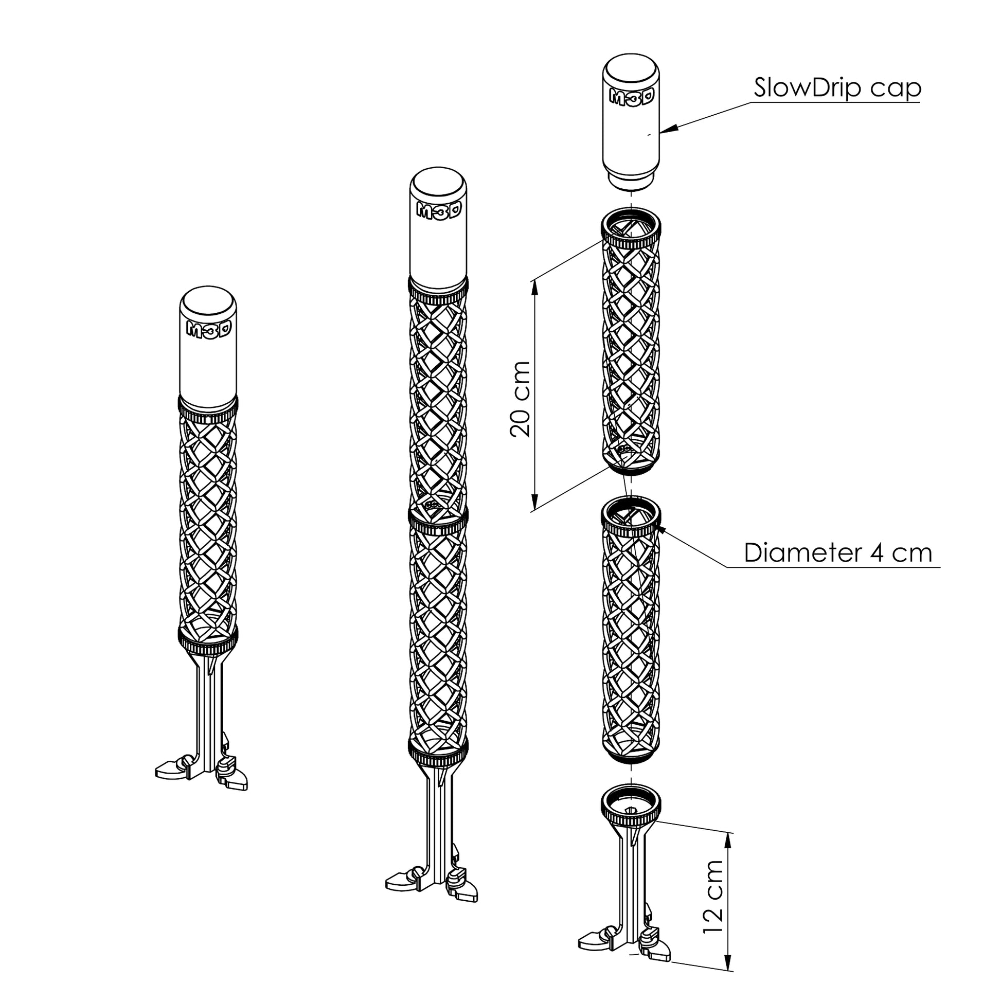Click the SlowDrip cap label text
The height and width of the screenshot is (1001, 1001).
(837, 88)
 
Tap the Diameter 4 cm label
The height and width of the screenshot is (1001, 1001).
(838, 553)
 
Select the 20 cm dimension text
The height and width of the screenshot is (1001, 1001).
(520, 400)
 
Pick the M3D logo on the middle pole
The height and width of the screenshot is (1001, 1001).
(438, 209)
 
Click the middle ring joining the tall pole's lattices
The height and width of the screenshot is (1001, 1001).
(438, 520)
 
